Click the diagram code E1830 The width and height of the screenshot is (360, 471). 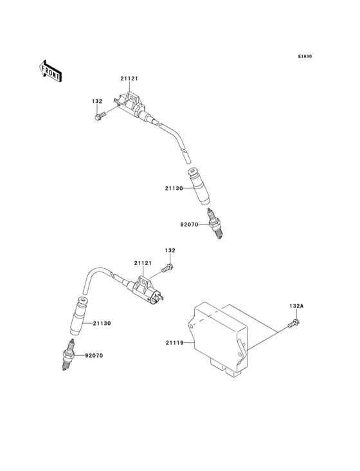[305, 57]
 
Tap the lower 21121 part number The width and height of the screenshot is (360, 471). [143, 263]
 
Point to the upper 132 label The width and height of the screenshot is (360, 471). [97, 101]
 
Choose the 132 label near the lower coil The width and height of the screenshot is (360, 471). [170, 250]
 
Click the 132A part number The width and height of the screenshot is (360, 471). [296, 306]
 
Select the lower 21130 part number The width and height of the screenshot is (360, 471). [102, 323]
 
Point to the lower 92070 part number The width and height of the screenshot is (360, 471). [93, 355]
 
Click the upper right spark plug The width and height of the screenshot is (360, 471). [217, 229]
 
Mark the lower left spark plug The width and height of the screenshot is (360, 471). [66, 356]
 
